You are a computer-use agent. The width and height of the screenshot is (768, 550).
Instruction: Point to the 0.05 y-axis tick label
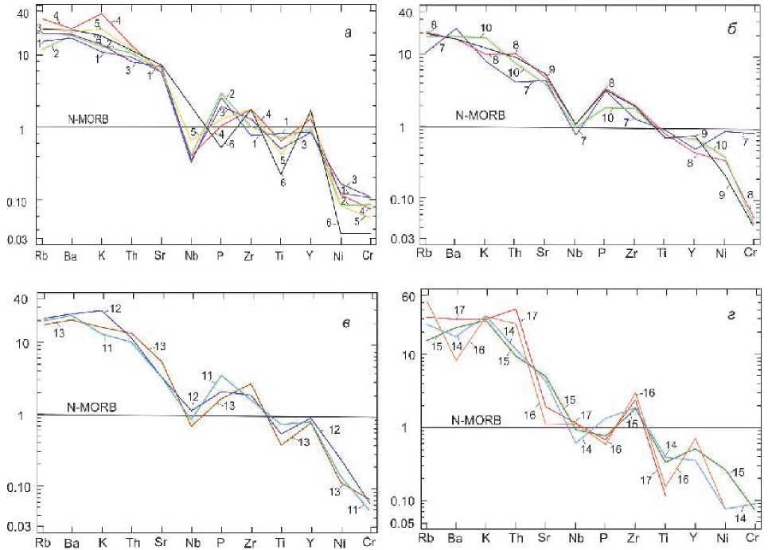pos(407,523)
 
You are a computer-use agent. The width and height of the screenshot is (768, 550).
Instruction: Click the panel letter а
pos(347,33)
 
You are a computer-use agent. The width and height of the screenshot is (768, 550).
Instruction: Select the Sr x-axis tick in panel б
pos(544,254)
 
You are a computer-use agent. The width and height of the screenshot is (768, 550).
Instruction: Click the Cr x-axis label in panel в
pos(368,544)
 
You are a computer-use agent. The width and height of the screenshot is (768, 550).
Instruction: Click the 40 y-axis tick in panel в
pos(21,298)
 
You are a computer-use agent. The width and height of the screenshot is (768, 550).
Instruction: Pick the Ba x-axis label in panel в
pos(70,544)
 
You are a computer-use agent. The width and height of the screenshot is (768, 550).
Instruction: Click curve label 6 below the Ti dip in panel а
pos(283,182)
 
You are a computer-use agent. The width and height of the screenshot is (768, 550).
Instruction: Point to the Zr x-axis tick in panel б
pos(632,254)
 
